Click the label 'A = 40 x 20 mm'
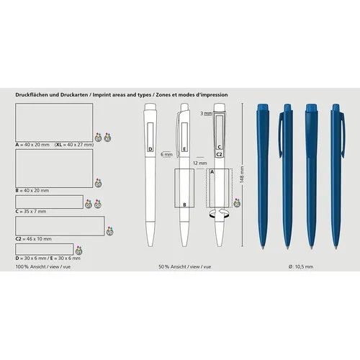pyautogui.click(x=32, y=145)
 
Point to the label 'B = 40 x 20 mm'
pyautogui.click(x=32, y=190)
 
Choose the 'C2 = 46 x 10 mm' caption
pyautogui.click(x=33, y=238)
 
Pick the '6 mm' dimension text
pyautogui.click(x=167, y=154)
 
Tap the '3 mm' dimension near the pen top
pyautogui.click(x=206, y=114)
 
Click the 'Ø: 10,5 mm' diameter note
pyautogui.click(x=298, y=266)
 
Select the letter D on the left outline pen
pyautogui.click(x=150, y=149)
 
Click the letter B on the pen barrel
pyautogui.click(x=185, y=204)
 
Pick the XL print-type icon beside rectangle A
pyautogui.click(x=107, y=136)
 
